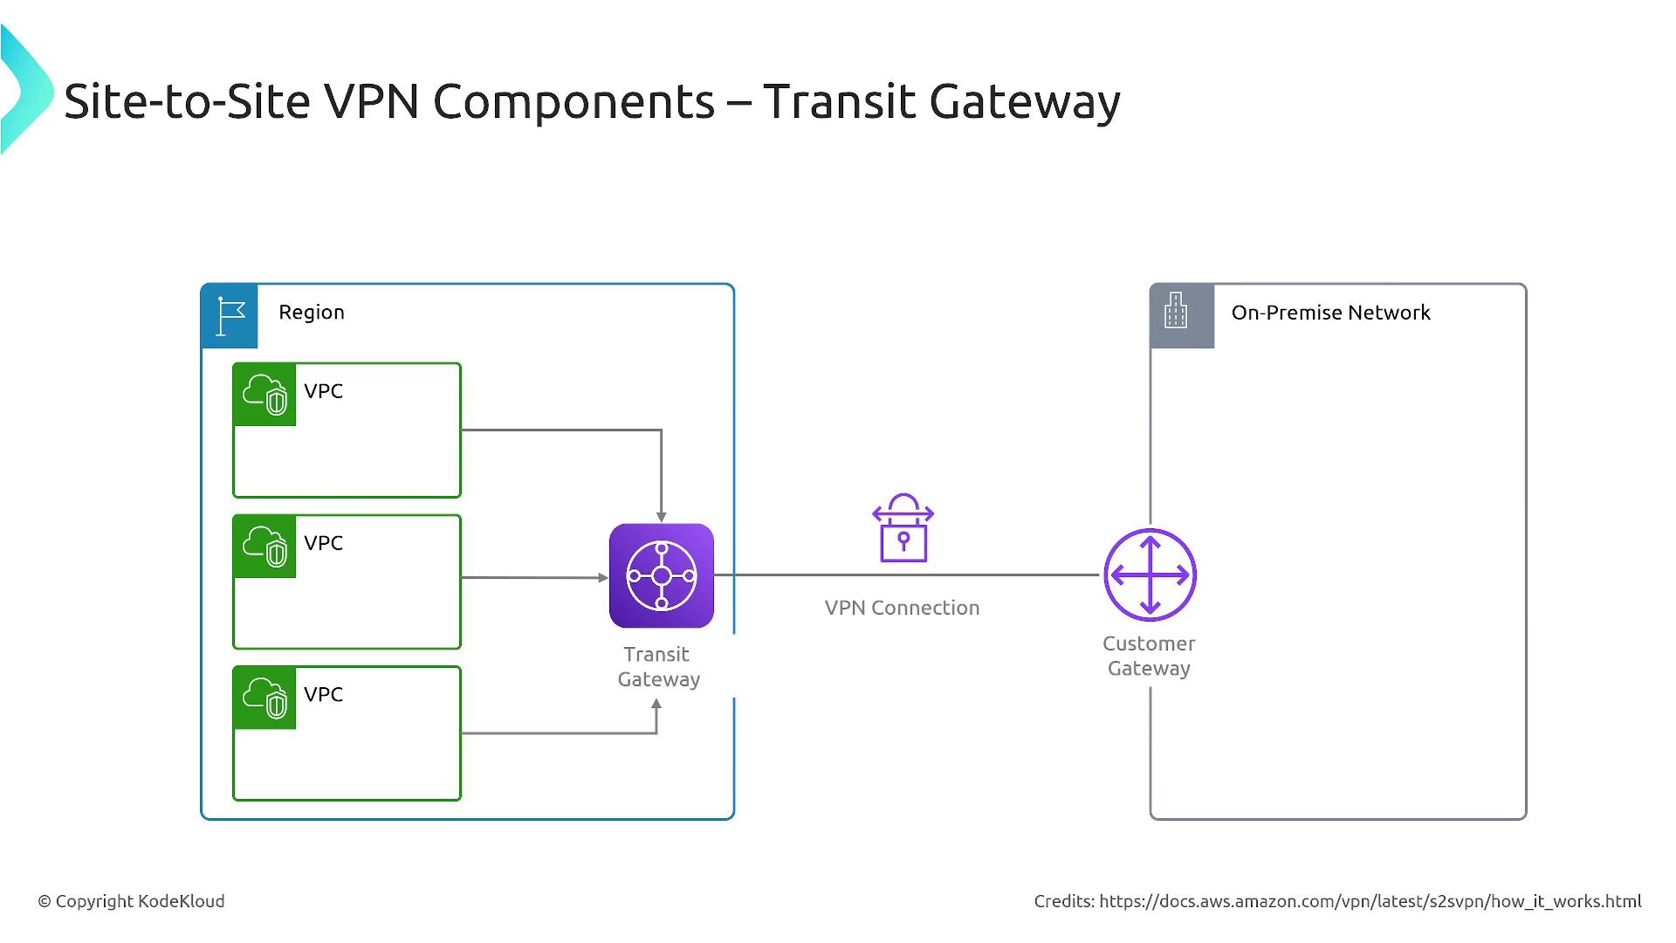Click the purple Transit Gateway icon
tap(661, 575)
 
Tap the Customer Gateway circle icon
tap(1150, 575)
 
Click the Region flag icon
tap(230, 315)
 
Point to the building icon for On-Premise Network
tap(1177, 312)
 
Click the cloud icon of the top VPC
tap(264, 395)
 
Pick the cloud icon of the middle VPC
tap(264, 547)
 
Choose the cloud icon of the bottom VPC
tap(264, 698)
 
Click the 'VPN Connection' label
tap(902, 608)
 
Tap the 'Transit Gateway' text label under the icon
tap(658, 667)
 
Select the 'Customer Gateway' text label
tap(1149, 656)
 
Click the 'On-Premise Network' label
tap(1330, 313)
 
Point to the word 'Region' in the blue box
tap(312, 313)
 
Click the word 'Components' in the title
tap(574, 102)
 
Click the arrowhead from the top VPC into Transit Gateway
tap(661, 517)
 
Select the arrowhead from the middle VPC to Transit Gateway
tap(603, 577)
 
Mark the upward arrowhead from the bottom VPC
tap(656, 704)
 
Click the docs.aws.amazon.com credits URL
tap(1370, 901)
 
